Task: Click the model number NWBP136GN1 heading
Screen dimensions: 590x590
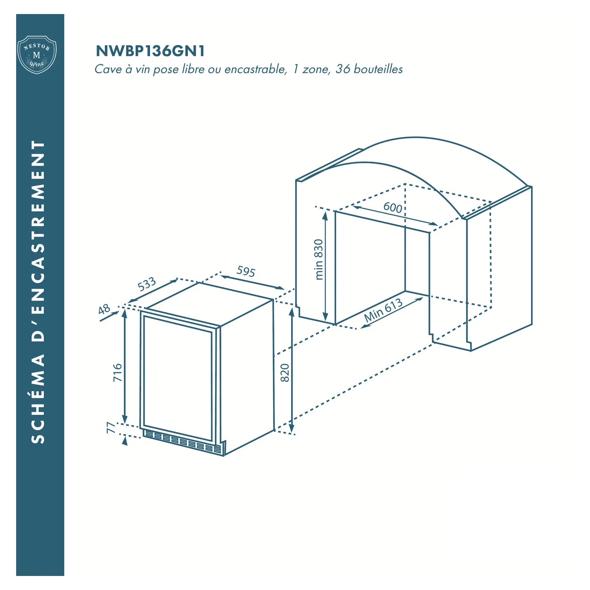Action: tap(150, 51)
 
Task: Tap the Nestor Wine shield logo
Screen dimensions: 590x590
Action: tap(37, 54)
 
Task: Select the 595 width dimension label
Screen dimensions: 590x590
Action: tap(246, 271)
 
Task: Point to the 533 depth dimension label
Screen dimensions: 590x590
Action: tap(147, 284)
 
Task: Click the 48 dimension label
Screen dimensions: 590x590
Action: tap(104, 310)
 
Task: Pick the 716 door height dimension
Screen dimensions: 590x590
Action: tap(117, 373)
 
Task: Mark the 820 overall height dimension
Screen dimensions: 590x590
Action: tap(285, 373)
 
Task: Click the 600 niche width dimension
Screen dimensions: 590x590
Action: tap(393, 208)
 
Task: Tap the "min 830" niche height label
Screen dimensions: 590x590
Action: tap(319, 260)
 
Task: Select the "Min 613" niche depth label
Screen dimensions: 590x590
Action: tap(383, 310)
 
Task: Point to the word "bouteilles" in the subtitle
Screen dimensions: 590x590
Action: tap(378, 69)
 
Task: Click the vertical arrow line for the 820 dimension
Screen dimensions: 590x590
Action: tap(291, 371)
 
